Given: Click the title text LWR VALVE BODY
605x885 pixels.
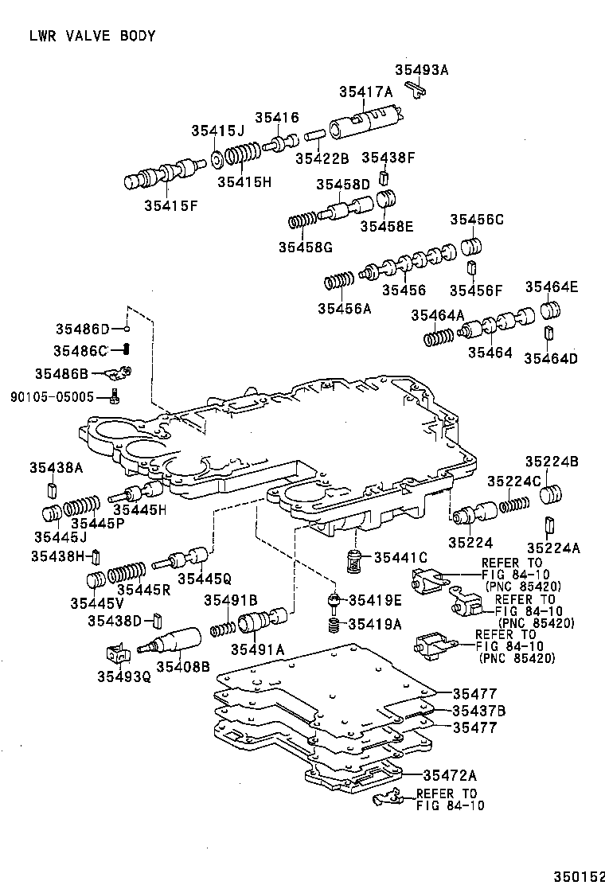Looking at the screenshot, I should pyautogui.click(x=92, y=36).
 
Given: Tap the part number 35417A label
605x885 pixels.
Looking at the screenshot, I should pyautogui.click(x=365, y=92).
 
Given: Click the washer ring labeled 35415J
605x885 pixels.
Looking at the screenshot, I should pyautogui.click(x=217, y=161).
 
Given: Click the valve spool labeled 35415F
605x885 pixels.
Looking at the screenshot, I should pyautogui.click(x=160, y=175).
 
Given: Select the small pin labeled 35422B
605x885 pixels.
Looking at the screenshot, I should pyautogui.click(x=313, y=135).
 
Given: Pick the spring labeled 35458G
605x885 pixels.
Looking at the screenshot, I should pyautogui.click(x=302, y=219).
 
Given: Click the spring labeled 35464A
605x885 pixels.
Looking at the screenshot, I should pyautogui.click(x=437, y=337).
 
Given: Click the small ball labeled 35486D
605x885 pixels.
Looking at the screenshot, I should pyautogui.click(x=126, y=328).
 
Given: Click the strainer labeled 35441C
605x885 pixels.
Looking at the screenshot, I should pyautogui.click(x=355, y=560).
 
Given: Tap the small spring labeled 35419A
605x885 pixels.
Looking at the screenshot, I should pyautogui.click(x=335, y=626).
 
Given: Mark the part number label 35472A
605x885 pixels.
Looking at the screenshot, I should pyautogui.click(x=450, y=775).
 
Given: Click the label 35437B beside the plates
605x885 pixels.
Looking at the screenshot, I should pyautogui.click(x=479, y=711).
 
